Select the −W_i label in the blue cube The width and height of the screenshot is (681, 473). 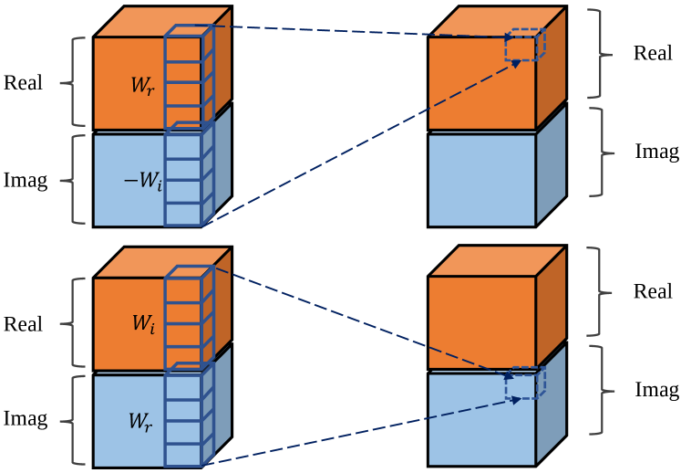142,183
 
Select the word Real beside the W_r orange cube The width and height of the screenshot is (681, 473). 23,83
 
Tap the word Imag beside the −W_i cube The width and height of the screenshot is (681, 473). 25,180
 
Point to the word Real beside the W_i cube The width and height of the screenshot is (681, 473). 23,324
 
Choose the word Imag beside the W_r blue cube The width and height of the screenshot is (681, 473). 25,419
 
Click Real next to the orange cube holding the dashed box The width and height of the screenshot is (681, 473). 653,53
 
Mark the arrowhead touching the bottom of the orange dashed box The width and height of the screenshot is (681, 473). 516,62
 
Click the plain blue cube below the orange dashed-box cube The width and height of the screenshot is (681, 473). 481,180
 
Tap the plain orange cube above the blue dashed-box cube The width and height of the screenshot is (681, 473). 481,321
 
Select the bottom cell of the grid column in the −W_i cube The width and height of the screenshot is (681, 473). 183,214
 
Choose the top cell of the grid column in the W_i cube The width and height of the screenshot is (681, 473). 183,288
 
